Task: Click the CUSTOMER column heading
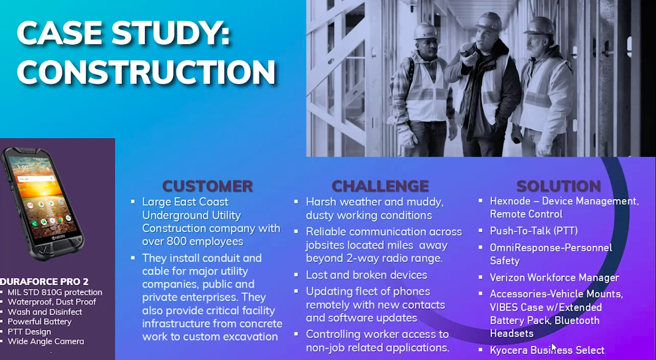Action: click(x=208, y=186)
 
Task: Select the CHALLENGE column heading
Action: click(x=380, y=186)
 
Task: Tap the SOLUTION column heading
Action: click(x=558, y=186)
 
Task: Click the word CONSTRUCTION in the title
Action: click(x=146, y=72)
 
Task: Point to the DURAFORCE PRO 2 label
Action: click(x=45, y=282)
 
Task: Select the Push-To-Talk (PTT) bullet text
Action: click(x=534, y=231)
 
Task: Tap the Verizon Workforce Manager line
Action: click(x=554, y=277)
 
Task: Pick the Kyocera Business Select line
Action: click(x=547, y=350)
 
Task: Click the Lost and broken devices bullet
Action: click(x=366, y=275)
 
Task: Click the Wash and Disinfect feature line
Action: click(x=45, y=312)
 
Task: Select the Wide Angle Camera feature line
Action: click(x=46, y=341)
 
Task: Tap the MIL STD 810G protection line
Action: click(x=55, y=292)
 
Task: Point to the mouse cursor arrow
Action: click(x=553, y=347)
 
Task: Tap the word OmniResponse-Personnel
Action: click(x=551, y=248)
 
